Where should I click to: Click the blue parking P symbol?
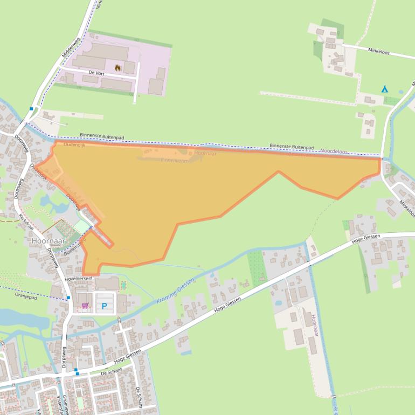[x=104, y=307]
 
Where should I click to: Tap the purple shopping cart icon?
[x=85, y=306]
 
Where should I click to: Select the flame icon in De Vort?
[x=117, y=68]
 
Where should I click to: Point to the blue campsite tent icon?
[x=384, y=89]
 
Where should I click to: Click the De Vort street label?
[x=96, y=72]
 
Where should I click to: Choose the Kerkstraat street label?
[x=26, y=221]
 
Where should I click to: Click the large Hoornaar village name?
[x=48, y=241]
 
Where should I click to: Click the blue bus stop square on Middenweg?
[x=31, y=108]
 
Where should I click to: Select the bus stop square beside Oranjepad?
[x=68, y=297]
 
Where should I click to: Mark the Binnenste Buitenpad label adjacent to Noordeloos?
[x=292, y=147]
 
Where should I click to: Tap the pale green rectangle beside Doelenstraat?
[x=81, y=226]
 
